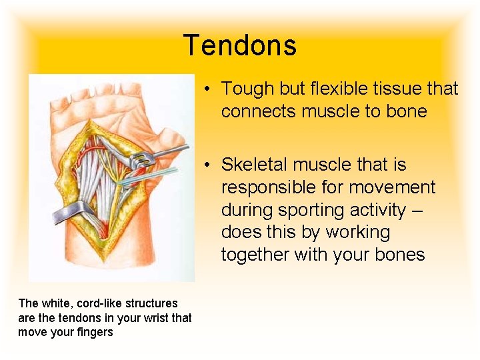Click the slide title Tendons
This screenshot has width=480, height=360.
click(x=240, y=46)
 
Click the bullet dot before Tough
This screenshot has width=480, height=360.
click(x=209, y=89)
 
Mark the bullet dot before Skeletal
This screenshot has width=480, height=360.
click(x=209, y=165)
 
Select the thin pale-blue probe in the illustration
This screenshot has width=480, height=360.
click(x=157, y=175)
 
